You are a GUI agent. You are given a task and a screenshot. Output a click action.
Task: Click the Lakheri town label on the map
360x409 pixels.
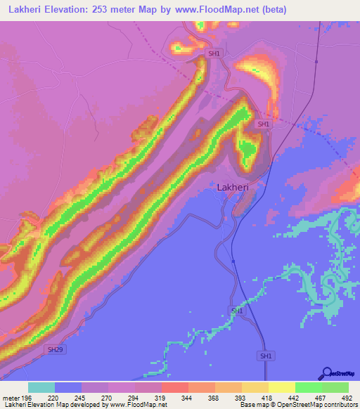pyautogui.click(x=233, y=188)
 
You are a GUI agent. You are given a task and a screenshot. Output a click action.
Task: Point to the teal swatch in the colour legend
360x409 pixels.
pyautogui.click(x=41, y=387)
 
